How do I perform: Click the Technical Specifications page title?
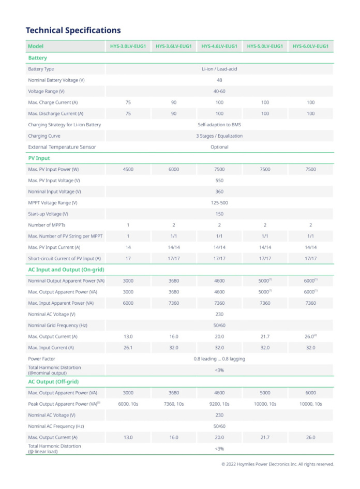73,31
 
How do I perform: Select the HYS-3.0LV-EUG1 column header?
128,47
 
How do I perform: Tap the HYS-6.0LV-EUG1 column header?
310,47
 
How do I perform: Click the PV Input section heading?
39,158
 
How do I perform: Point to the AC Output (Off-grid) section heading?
53,381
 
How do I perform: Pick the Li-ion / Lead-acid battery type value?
219,69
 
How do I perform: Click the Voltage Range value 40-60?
219,91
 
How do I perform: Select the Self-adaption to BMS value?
219,125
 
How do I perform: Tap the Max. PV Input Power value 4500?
128,169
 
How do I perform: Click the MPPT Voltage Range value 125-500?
219,203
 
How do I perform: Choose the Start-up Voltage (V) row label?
48,214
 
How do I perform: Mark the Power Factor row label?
42,359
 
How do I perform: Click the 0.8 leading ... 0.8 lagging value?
219,359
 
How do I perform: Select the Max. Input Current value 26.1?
128,348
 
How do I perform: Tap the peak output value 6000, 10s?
128,404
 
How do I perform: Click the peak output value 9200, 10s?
219,404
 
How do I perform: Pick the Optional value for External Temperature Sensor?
219,147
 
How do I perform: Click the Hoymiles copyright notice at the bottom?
278,464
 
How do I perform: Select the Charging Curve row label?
44,136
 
